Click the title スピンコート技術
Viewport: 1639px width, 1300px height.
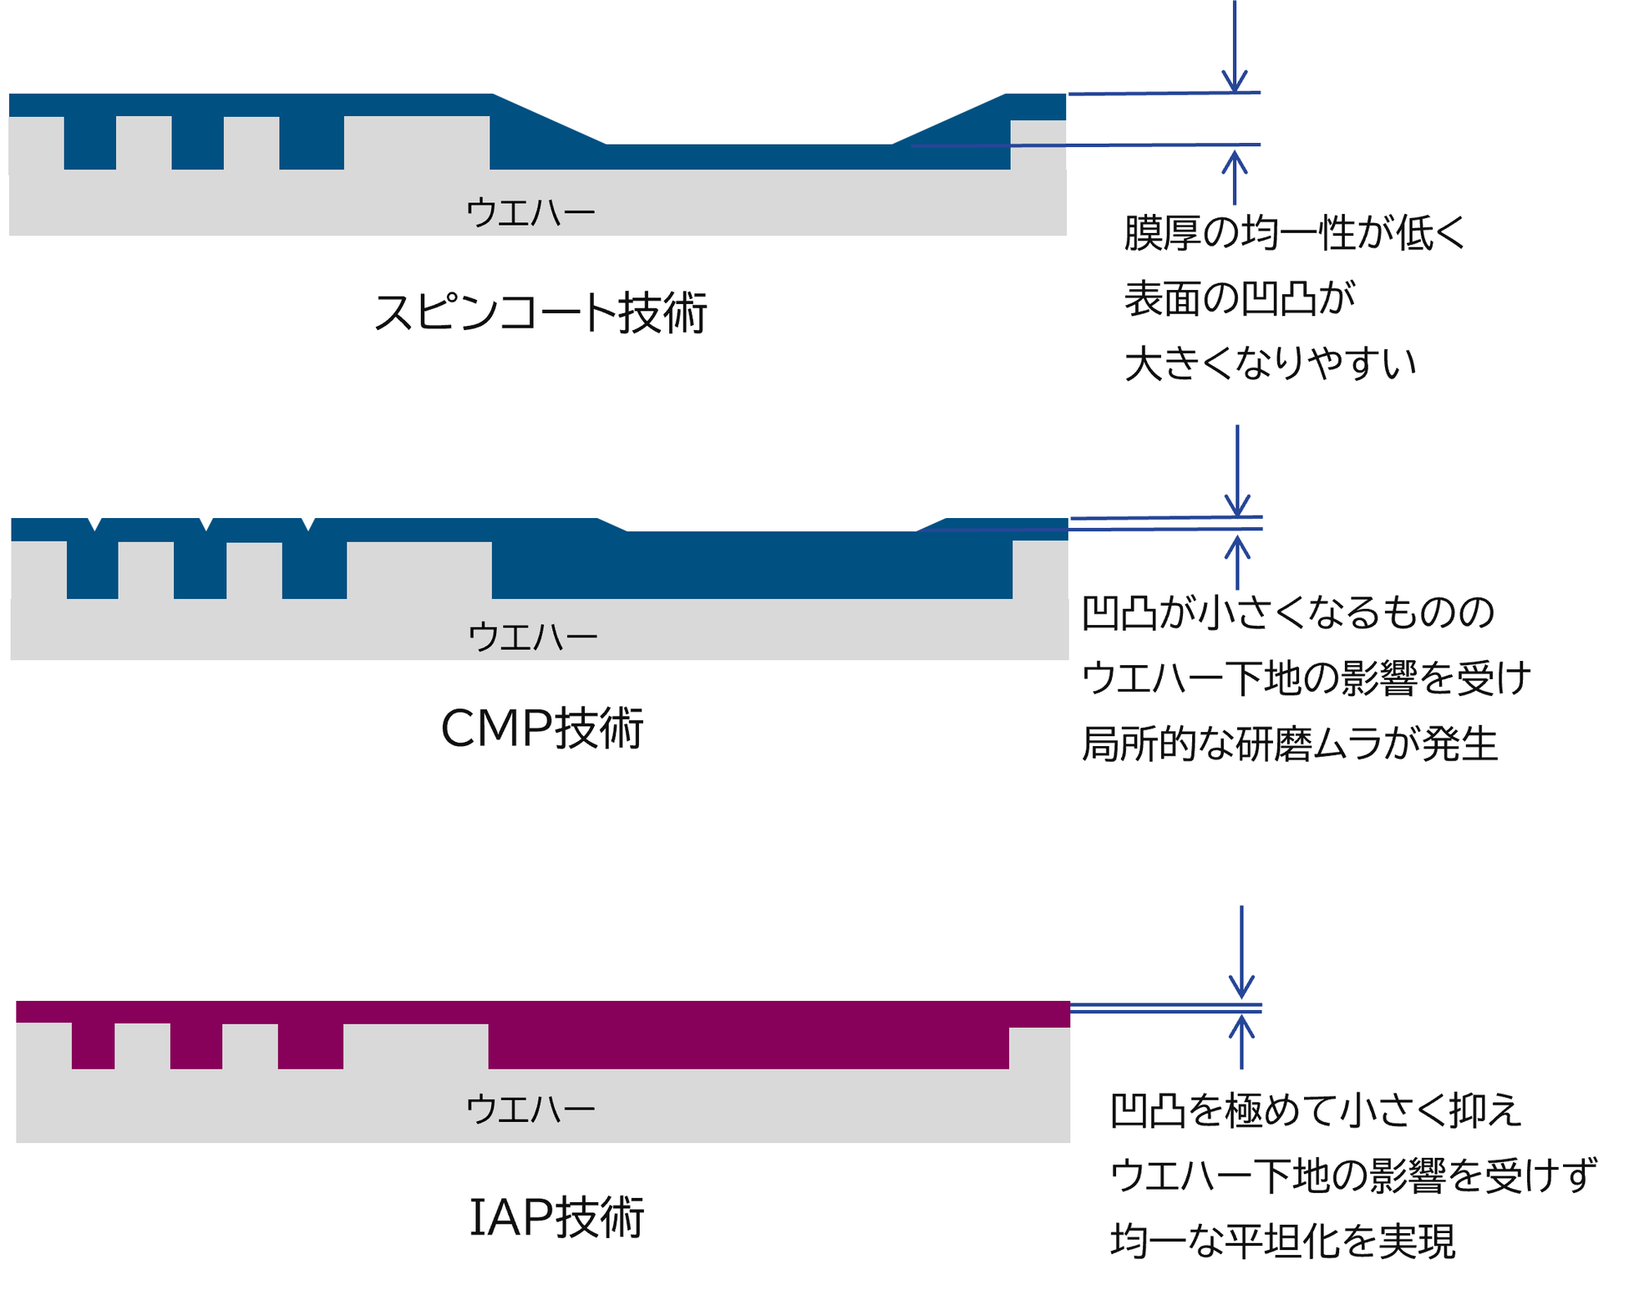(540, 313)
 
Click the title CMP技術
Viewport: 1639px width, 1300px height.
(541, 728)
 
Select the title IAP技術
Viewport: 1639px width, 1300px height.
(556, 1216)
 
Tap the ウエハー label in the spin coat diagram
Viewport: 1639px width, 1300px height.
(530, 212)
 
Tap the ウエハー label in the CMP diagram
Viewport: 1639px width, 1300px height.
(533, 637)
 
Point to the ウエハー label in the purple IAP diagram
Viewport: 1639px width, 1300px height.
(530, 1109)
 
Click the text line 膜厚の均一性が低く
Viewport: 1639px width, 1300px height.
(1294, 232)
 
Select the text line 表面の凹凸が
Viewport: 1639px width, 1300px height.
(1240, 298)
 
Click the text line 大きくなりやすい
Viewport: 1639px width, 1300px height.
(1270, 363)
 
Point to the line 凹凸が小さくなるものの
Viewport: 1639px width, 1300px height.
(1287, 612)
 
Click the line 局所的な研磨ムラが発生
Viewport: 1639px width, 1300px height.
(1289, 744)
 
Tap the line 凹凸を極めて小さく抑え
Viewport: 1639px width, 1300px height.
(1316, 1110)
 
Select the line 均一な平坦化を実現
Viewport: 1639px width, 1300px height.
(1282, 1241)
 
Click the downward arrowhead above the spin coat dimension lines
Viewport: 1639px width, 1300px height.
(1235, 81)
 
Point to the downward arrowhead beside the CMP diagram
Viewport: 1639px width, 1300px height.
(1237, 505)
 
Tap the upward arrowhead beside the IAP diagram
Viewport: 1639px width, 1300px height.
(1241, 1026)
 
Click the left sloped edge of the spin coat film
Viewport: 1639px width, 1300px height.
(549, 119)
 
